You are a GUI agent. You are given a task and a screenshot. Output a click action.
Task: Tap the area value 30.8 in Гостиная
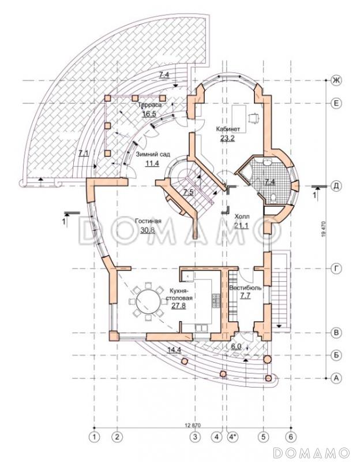click(148, 230)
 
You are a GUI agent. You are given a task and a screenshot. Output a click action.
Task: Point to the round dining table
click(147, 301)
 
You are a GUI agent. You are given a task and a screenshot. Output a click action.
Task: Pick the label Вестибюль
click(245, 287)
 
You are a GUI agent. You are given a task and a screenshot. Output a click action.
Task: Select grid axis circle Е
click(334, 103)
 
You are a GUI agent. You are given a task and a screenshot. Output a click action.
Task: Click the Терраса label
click(149, 106)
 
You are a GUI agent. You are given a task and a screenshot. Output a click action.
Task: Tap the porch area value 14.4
click(174, 350)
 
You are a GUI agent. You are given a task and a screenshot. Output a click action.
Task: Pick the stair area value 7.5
click(189, 192)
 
